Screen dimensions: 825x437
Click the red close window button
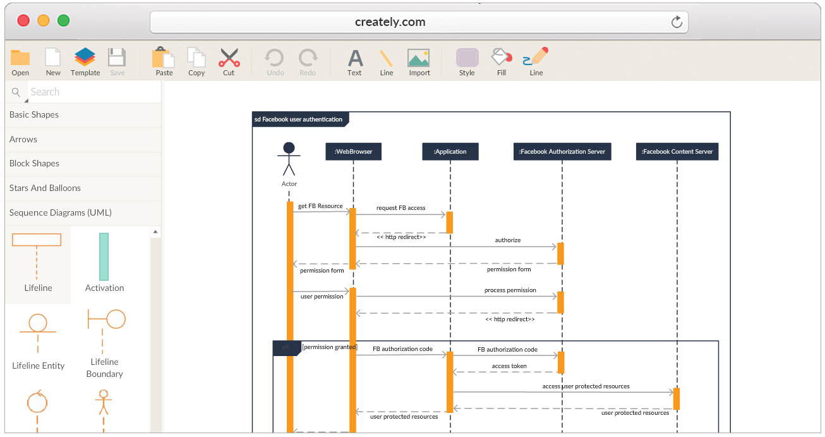point(23,21)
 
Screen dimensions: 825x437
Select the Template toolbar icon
point(85,57)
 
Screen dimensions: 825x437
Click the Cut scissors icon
point(229,57)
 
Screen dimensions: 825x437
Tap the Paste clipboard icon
point(164,57)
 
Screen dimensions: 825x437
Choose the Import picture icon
point(419,58)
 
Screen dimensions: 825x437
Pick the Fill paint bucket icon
point(502,57)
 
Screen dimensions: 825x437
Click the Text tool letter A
point(355,58)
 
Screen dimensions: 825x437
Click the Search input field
point(94,92)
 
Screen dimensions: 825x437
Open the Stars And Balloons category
point(45,188)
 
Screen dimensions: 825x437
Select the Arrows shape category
point(23,139)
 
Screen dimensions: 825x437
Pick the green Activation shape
point(104,257)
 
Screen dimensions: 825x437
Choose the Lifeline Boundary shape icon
point(106,330)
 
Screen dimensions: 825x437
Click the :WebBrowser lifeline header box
point(353,152)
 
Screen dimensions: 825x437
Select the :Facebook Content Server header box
point(677,152)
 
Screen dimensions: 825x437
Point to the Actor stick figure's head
point(289,148)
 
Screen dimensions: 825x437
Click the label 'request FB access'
point(400,208)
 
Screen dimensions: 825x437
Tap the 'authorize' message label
point(507,240)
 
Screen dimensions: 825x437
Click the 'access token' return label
point(509,366)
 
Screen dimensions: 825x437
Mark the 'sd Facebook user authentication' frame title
point(298,120)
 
